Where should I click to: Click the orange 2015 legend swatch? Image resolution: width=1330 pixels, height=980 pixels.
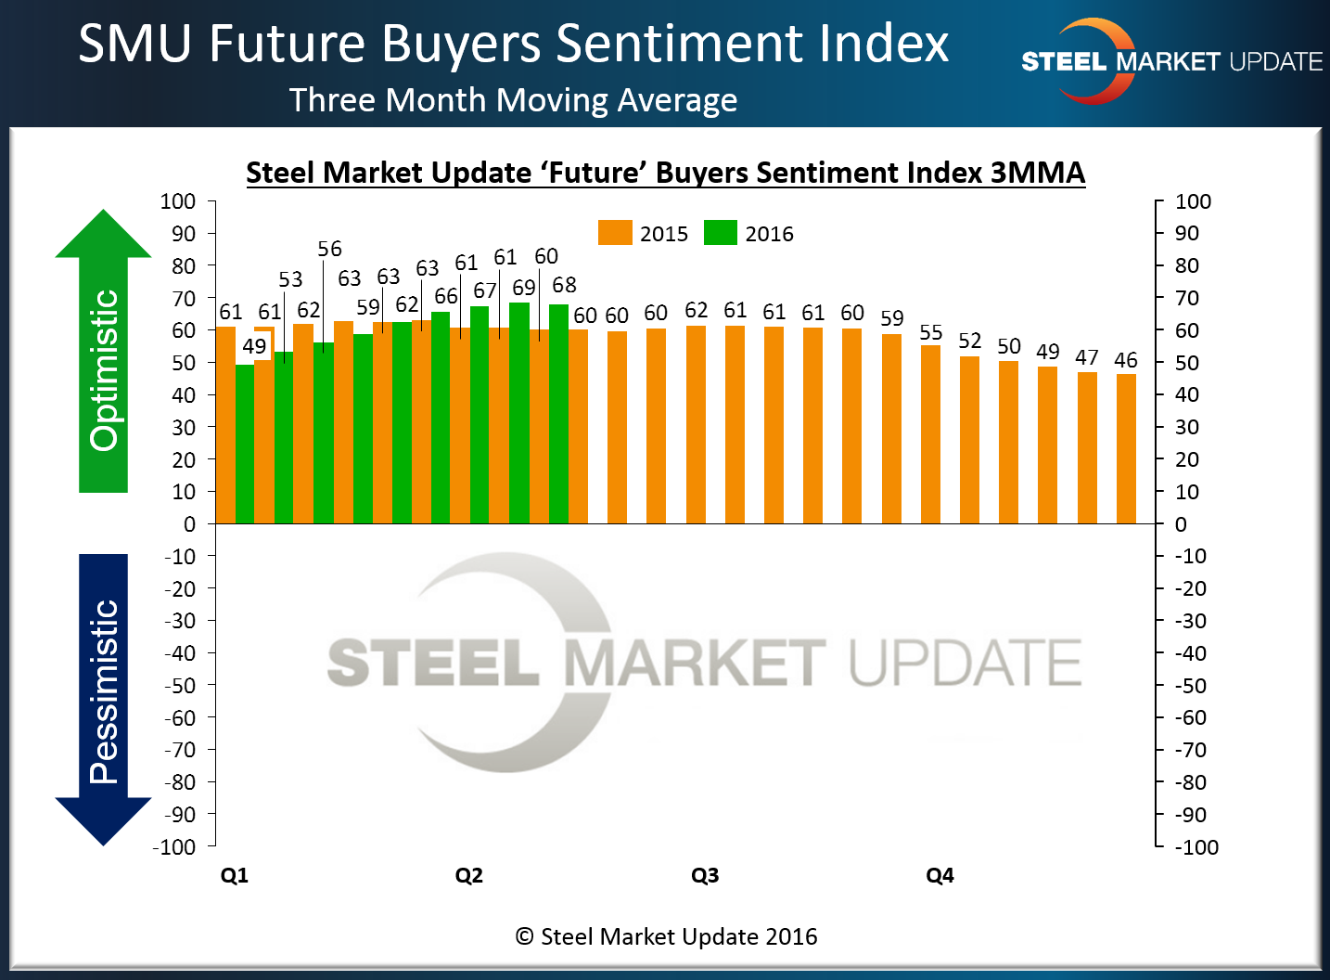pos(615,233)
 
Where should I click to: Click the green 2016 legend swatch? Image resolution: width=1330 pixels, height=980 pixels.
pos(720,233)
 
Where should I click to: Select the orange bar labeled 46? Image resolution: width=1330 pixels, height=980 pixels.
pos(1126,448)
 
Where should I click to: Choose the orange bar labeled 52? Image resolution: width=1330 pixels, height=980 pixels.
pos(969,439)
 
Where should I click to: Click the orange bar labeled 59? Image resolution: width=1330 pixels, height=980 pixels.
pos(891,428)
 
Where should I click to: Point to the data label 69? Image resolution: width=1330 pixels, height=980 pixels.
pos(524,288)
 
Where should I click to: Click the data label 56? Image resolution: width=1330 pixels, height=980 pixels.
pos(329,249)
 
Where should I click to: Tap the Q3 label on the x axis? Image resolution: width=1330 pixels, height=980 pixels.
pos(705,875)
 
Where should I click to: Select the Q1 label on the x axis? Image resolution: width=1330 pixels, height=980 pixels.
pos(235,875)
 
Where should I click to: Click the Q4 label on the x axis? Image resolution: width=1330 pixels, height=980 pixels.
pos(940,875)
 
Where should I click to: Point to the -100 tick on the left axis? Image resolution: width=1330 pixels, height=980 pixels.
pos(174,846)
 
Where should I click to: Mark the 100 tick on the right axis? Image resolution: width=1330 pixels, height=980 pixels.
pos(1193,201)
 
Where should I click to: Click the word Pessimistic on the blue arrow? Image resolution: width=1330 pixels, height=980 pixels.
pos(104,691)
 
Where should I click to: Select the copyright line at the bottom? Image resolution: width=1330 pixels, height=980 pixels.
pos(666,936)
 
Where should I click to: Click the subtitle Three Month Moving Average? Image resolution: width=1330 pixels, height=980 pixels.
pos(513,99)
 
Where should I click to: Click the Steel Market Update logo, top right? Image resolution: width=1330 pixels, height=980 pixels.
pos(1170,62)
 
